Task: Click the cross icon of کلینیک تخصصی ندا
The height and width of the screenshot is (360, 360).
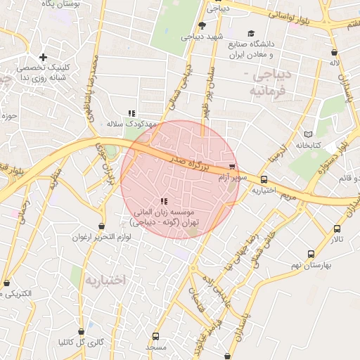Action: (43, 56)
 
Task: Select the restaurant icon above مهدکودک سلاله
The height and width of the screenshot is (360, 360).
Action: (131, 112)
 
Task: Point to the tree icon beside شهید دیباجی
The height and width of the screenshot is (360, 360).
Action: (202, 25)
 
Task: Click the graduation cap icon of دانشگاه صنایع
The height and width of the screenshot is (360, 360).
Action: (251, 33)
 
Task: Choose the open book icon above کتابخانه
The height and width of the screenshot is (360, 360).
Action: (307, 134)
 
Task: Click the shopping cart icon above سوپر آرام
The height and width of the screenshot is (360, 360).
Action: (232, 167)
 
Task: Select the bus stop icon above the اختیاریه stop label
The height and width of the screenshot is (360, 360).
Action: (264, 179)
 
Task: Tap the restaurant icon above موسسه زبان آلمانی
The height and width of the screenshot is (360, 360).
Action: (165, 201)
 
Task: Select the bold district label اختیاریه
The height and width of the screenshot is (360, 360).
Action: (105, 279)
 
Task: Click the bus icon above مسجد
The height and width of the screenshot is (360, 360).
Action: (155, 336)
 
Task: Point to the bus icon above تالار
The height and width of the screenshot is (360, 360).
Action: (337, 229)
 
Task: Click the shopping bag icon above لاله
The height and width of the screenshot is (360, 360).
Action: (334, 51)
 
